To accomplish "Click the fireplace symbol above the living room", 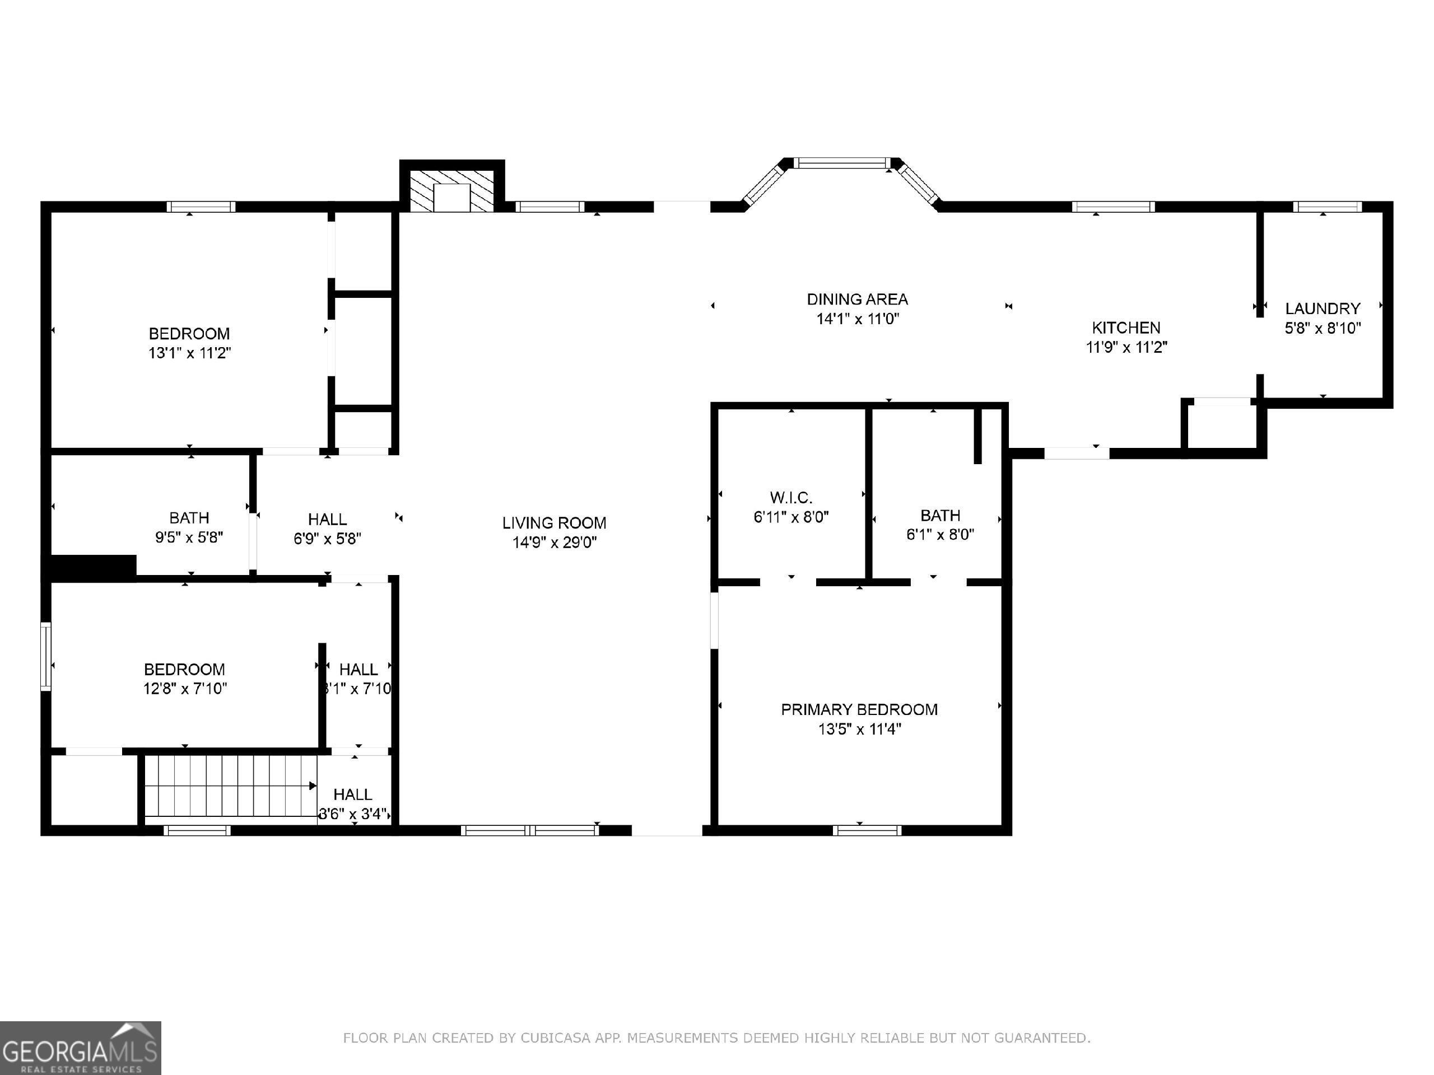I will pos(452,192).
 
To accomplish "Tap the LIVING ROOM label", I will pos(555,523).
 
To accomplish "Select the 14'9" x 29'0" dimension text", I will pos(555,543).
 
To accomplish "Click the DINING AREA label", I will pos(857,300).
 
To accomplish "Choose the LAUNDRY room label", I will pos(1323,309).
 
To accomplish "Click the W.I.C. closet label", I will pos(791,498).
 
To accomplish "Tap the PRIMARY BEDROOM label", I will pos(859,709).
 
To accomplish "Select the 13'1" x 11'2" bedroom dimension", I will pos(189,353).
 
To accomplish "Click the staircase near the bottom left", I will pos(230,786).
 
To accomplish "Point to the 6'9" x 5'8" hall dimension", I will pos(327,539).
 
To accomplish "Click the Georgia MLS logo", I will pos(81,1047).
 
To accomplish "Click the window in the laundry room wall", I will pos(1327,207).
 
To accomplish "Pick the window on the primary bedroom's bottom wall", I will pos(867,830).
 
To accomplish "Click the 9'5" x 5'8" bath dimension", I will pos(189,537).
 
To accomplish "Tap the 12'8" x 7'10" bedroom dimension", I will pos(185,688).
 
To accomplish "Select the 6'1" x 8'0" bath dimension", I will pos(940,535).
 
